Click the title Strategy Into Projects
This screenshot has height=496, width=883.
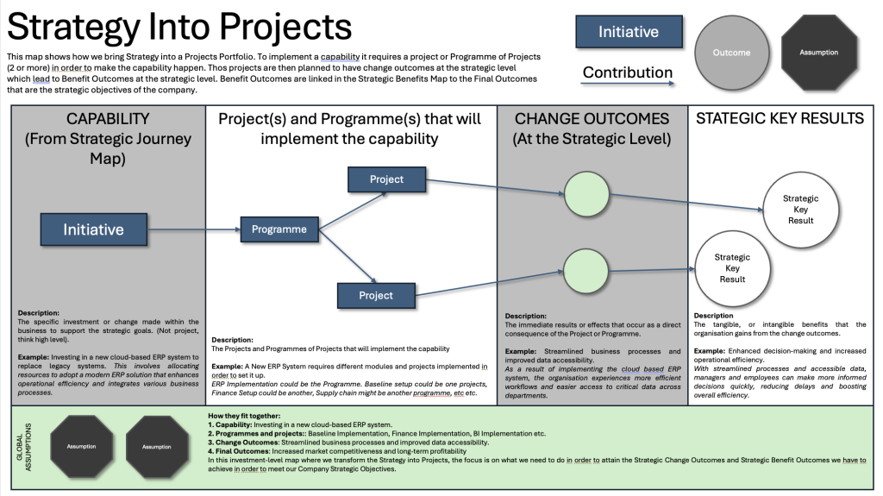pos(179,26)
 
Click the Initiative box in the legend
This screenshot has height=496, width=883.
pos(629,33)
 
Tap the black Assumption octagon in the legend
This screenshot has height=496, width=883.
pos(818,53)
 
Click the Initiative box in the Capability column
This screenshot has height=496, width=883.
pos(93,229)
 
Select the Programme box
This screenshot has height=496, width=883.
pos(279,229)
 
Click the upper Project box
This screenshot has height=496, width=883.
pos(386,179)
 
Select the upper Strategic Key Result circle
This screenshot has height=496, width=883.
pos(800,209)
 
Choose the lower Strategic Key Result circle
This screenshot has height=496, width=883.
pos(732,267)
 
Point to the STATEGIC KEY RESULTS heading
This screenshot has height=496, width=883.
pos(780,119)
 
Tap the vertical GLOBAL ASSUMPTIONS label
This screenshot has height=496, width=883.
pos(27,447)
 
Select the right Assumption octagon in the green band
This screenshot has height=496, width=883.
pos(156,447)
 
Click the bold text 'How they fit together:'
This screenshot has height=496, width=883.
pos(245,417)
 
